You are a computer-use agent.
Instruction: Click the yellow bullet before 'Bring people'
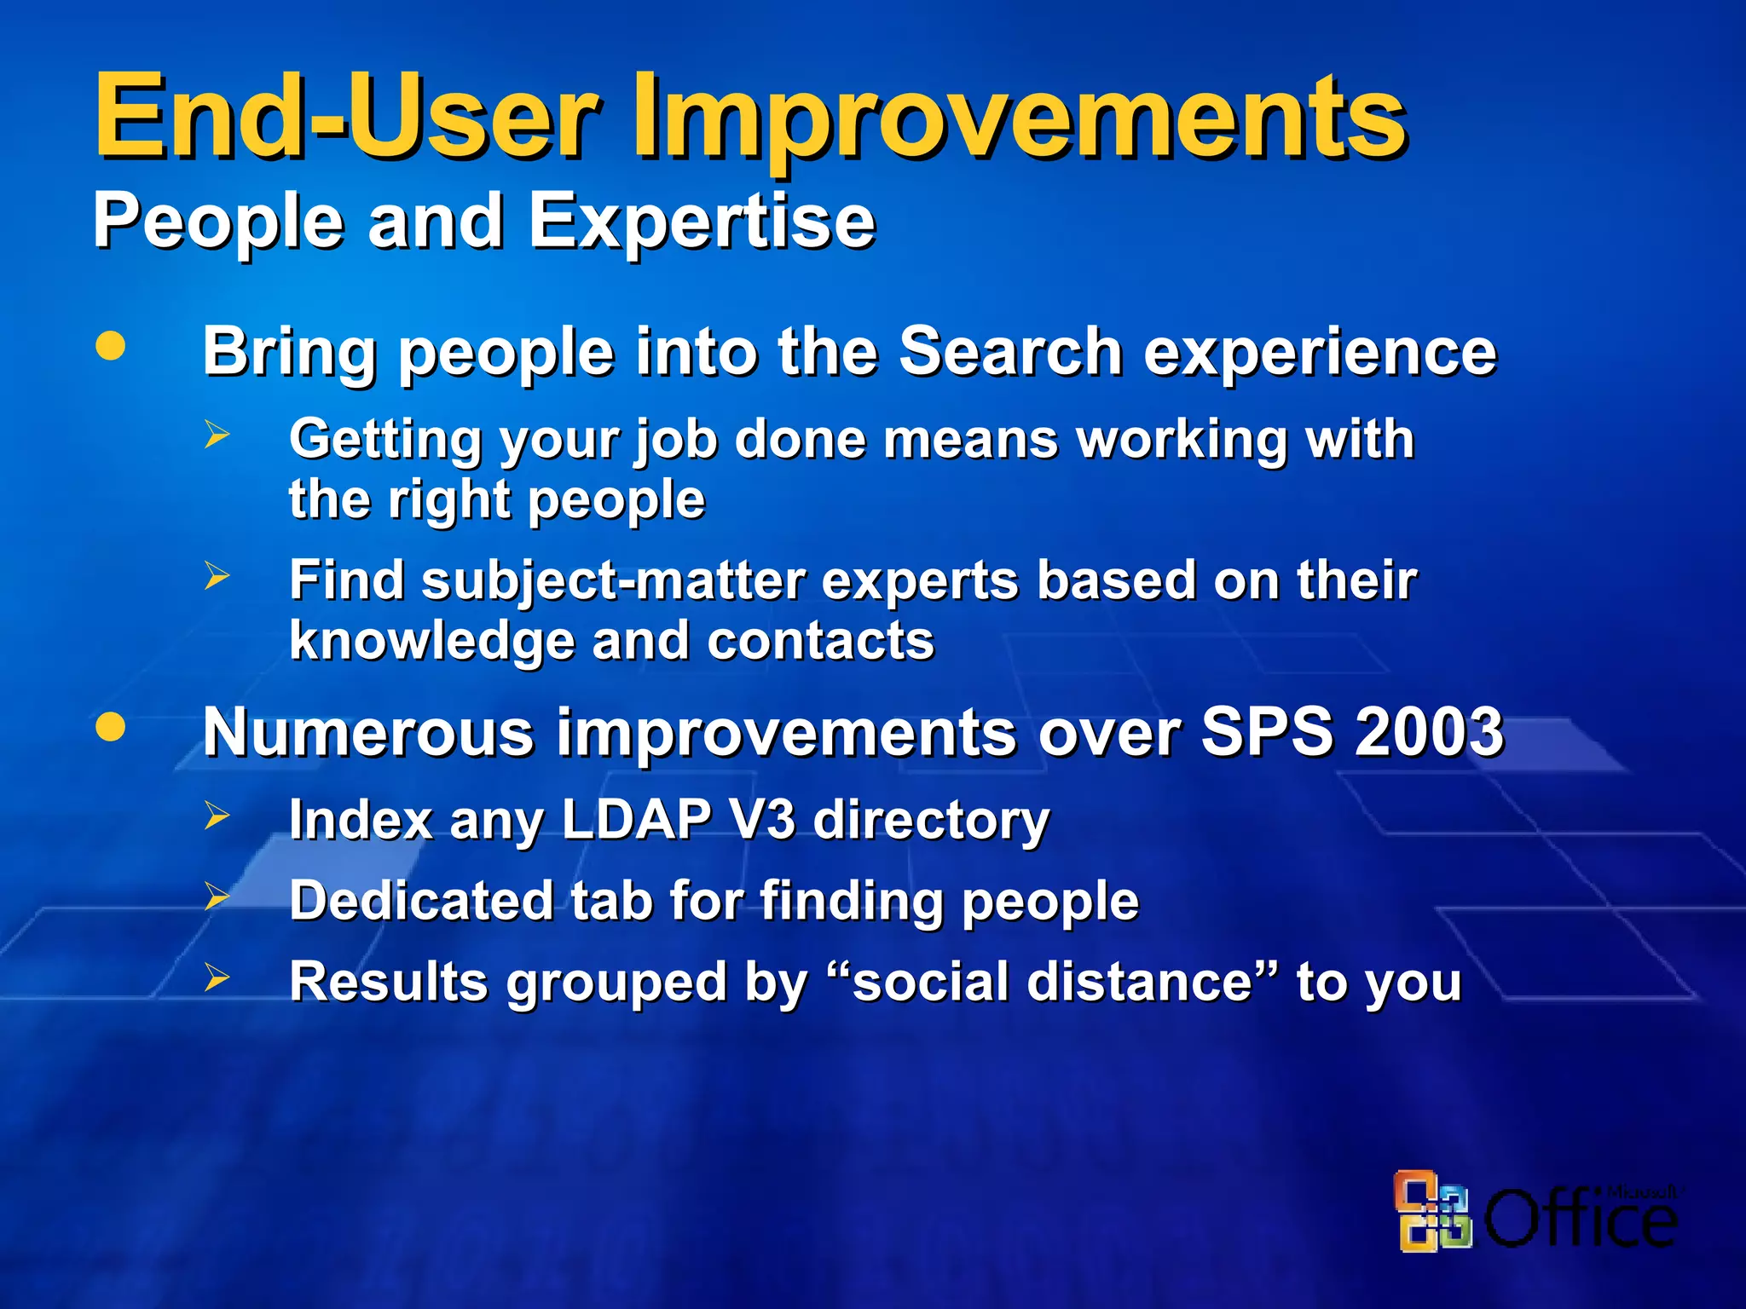click(x=110, y=346)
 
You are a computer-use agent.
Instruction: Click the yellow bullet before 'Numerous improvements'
click(x=110, y=727)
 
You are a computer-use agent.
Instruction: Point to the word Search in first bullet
click(x=1010, y=351)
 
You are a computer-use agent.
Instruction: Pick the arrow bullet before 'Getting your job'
click(x=217, y=435)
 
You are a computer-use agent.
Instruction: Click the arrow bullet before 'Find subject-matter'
click(x=217, y=576)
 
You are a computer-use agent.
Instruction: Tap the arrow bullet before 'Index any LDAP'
click(x=217, y=816)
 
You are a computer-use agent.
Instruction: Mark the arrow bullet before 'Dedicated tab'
click(x=217, y=897)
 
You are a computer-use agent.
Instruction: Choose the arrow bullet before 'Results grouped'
click(x=217, y=978)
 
